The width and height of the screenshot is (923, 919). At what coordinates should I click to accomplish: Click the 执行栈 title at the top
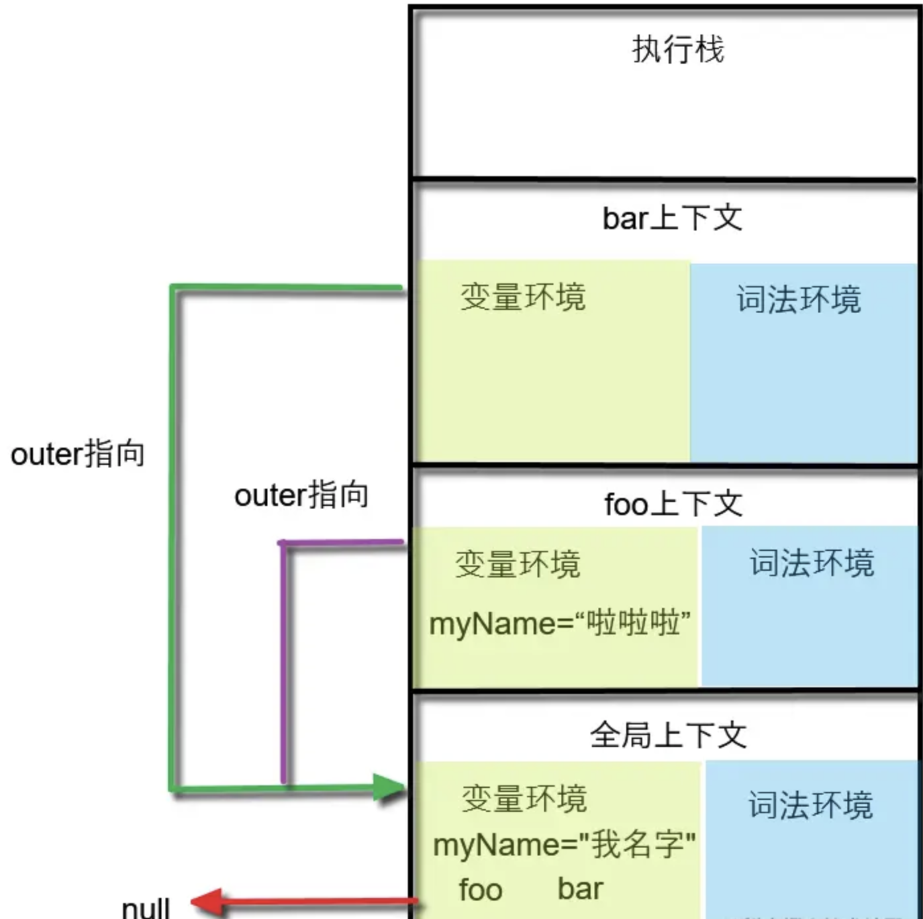pos(678,50)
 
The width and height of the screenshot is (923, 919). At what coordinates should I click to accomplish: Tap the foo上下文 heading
pos(673,505)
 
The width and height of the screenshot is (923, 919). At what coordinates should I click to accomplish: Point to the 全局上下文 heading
pos(668,735)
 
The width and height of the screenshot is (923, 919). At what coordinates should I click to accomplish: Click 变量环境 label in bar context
pos(523,297)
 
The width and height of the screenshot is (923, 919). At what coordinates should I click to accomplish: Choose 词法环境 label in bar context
pos(799,299)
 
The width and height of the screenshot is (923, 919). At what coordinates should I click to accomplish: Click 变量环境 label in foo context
pos(517,565)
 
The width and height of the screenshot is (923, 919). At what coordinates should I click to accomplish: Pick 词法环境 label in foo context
pos(812,563)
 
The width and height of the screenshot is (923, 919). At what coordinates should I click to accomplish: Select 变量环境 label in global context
pos(524,798)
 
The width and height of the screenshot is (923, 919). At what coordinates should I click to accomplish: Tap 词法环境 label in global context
pos(810,805)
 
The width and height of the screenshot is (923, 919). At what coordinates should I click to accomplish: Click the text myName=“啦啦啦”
pos(559,624)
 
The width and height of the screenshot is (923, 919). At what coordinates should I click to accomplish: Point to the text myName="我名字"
pos(564,845)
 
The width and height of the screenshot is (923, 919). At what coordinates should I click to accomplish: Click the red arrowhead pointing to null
pos(205,902)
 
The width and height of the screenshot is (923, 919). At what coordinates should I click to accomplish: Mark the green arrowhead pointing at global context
pos(389,787)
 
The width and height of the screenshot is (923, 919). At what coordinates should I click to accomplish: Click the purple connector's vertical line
pos(283,662)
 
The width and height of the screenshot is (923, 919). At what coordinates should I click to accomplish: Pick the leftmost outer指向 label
pos(78,454)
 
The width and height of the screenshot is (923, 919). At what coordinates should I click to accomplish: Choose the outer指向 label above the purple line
pos(301,495)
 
